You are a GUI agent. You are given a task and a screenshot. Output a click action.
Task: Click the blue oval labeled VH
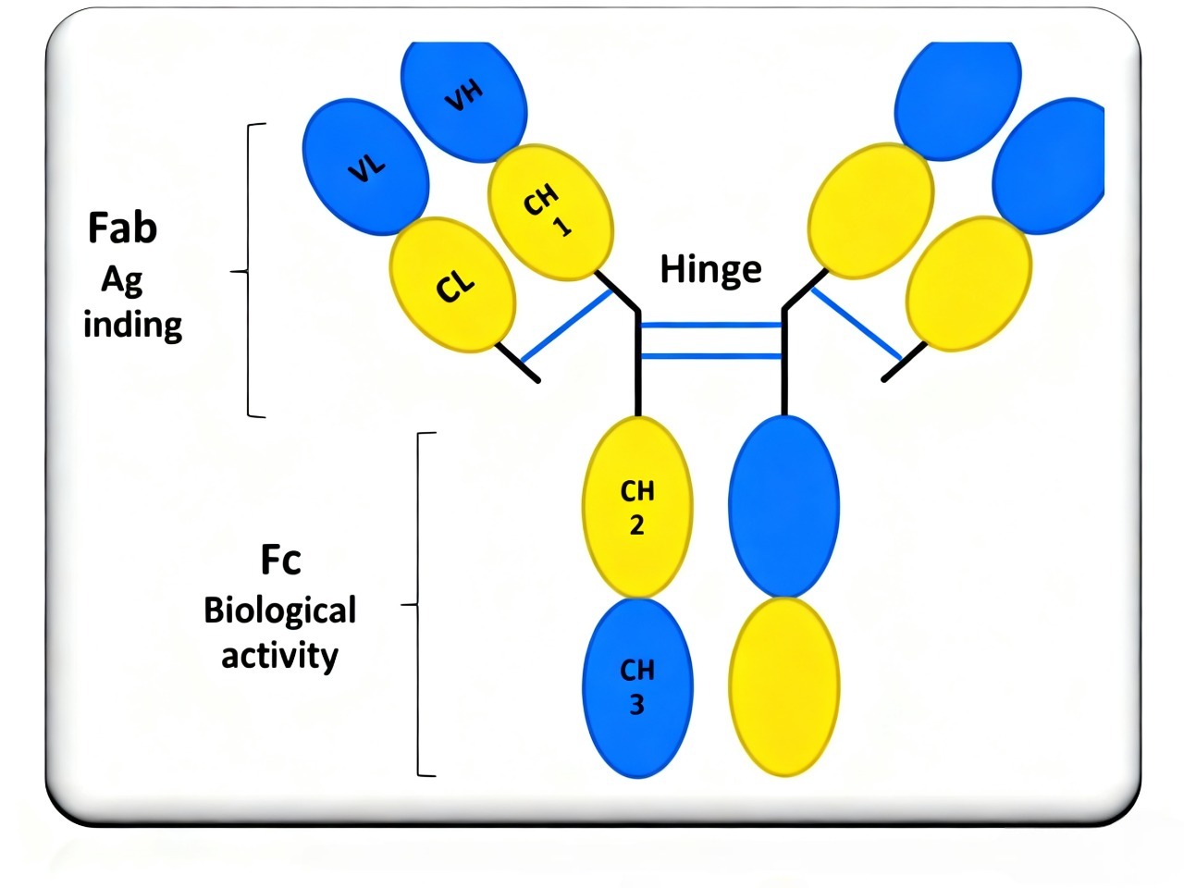tap(464, 97)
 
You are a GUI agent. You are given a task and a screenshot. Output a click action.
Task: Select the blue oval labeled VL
tap(366, 167)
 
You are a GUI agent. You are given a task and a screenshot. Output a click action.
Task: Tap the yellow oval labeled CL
tap(452, 285)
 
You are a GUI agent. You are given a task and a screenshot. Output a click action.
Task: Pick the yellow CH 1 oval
tap(550, 212)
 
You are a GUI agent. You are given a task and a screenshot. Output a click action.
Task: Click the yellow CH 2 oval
tap(637, 507)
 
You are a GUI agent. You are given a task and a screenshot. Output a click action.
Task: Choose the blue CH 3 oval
tap(637, 687)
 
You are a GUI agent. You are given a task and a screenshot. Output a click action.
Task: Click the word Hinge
tap(710, 269)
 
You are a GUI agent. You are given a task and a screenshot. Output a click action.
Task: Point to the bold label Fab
tap(122, 228)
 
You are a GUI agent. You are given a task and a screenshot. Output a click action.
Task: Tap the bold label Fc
tap(280, 560)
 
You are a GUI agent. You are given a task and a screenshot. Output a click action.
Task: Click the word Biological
tap(280, 610)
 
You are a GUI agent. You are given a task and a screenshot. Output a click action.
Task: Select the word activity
tap(280, 656)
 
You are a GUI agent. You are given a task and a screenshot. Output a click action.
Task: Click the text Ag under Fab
tap(122, 279)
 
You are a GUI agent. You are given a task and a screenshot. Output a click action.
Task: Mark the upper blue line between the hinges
tap(710, 326)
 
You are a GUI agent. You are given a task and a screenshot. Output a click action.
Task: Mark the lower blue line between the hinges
tap(710, 356)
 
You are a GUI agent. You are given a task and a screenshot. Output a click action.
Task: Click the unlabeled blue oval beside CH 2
tap(784, 506)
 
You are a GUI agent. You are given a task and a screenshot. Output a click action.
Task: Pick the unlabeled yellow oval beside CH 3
tap(784, 685)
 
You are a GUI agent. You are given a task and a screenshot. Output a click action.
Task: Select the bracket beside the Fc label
tap(420, 605)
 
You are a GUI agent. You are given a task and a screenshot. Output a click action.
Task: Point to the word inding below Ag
tap(132, 325)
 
